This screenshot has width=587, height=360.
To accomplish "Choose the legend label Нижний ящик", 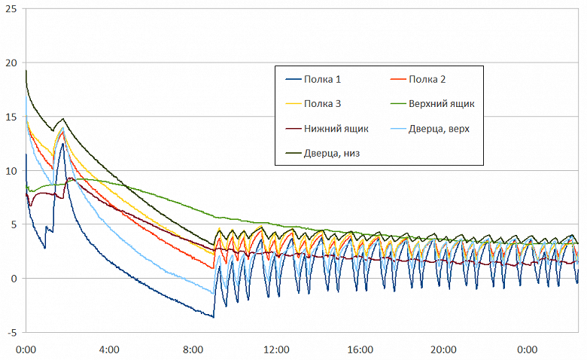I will (x=336, y=129).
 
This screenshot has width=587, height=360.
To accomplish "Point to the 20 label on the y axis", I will (x=11, y=63).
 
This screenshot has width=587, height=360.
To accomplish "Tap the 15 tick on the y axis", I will (x=11, y=117).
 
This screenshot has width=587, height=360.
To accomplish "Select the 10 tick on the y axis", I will (x=11, y=171).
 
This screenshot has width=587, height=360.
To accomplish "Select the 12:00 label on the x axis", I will (x=277, y=350).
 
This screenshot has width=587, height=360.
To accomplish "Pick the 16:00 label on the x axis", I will (x=360, y=350).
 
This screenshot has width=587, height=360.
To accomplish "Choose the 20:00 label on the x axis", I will (x=444, y=350).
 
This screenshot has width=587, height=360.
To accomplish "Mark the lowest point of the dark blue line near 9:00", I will (x=214, y=317).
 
